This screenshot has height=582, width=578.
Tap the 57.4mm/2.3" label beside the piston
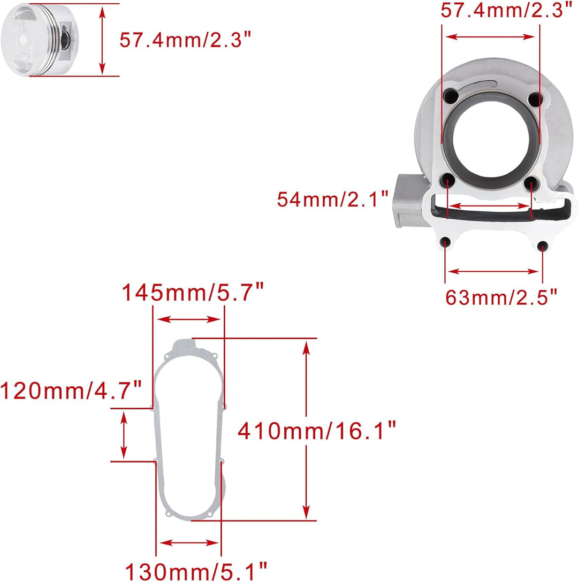tap(185, 40)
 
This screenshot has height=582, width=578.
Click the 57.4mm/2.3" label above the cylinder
tap(503, 10)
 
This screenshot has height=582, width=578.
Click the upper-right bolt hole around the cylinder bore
tap(533, 99)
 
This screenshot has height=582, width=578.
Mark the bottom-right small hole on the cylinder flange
tap(542, 247)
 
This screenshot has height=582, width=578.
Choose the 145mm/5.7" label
tap(193, 293)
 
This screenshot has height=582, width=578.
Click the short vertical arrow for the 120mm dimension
tap(124, 435)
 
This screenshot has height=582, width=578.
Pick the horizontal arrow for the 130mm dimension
tap(188, 542)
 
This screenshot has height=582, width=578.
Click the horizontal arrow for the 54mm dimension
tap(489, 205)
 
